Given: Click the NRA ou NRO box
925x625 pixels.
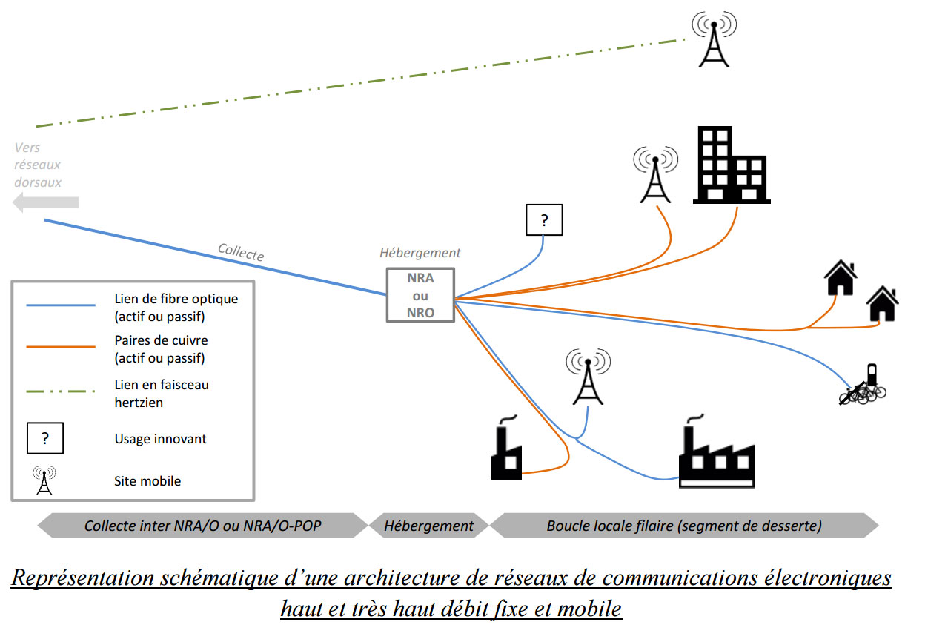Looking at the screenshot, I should (420, 294).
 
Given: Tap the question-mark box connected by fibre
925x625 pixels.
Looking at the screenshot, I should (544, 220).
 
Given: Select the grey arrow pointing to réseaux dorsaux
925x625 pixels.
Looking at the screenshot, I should (46, 202).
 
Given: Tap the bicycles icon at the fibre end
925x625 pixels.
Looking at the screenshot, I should (863, 386).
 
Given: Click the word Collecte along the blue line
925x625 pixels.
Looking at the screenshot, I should (241, 252).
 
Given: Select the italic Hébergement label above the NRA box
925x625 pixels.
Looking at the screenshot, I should (420, 253).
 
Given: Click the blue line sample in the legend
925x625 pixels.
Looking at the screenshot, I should (61, 305).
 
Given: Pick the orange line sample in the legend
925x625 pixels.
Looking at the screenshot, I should (61, 346).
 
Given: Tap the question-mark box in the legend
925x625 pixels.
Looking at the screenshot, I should (44, 438).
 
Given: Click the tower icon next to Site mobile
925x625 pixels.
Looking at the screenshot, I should (44, 480).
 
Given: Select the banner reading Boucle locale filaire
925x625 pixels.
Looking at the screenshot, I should (683, 526).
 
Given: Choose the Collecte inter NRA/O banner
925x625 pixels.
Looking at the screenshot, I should (203, 526).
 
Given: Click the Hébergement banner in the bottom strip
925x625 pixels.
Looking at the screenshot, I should (428, 526).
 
